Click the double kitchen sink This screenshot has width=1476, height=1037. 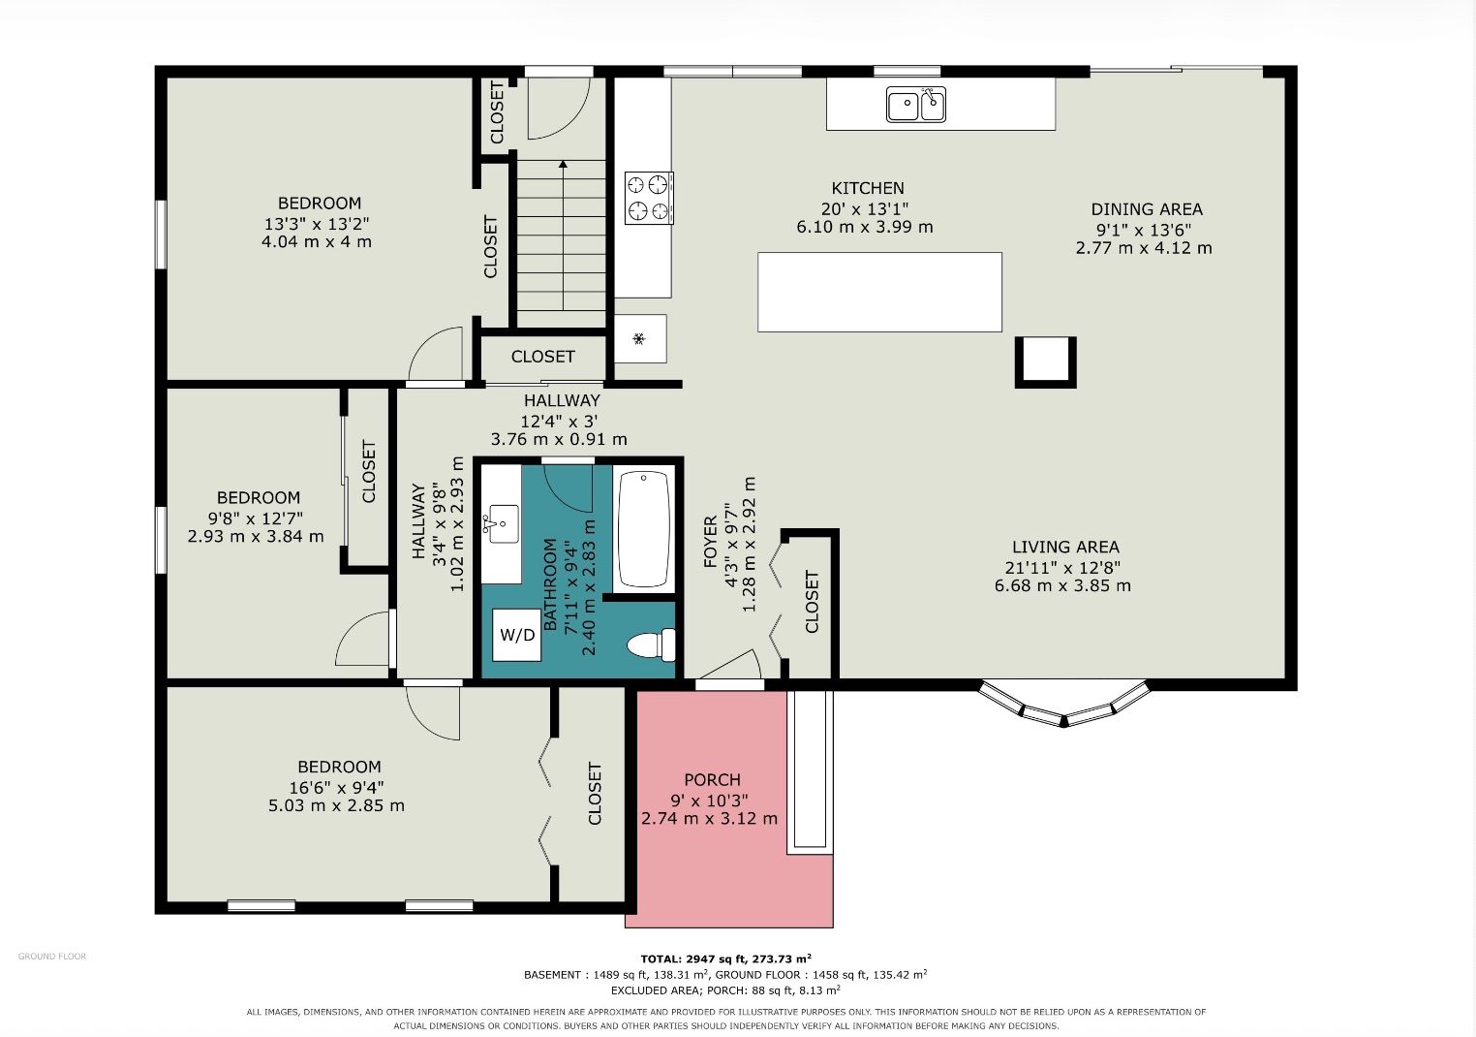[x=916, y=104]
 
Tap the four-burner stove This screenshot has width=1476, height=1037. [x=649, y=197]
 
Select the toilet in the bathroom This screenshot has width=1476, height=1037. [x=651, y=644]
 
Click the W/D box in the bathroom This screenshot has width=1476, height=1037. [x=517, y=635]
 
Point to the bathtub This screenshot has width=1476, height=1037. [x=644, y=529]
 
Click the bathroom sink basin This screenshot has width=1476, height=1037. [x=503, y=524]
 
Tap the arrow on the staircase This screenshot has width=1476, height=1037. [x=563, y=235]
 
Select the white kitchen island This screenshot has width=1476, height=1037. [x=879, y=292]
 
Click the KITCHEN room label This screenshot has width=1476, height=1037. [x=868, y=188]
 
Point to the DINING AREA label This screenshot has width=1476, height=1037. [x=1147, y=209]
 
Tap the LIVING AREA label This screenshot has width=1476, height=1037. [x=1065, y=547]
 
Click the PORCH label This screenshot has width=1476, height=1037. [x=712, y=780]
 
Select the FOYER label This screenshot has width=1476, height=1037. [x=710, y=541]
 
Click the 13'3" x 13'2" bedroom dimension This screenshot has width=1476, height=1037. [x=317, y=223]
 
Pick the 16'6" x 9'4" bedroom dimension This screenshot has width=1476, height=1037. [x=337, y=787]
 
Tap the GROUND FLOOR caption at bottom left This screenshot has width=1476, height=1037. [x=52, y=956]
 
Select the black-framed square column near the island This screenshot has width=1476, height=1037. [x=1046, y=361]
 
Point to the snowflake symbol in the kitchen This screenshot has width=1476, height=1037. [x=638, y=339]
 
